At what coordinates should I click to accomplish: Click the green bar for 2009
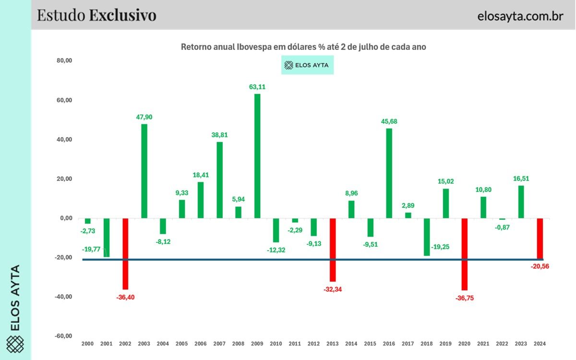click(x=257, y=156)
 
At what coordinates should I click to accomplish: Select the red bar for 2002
click(x=126, y=254)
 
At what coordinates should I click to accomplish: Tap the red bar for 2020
click(x=464, y=254)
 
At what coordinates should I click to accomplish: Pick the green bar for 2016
click(x=389, y=173)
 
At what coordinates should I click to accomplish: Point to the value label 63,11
click(x=257, y=87)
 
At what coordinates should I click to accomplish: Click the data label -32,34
click(x=333, y=289)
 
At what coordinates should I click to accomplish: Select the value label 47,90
click(x=144, y=117)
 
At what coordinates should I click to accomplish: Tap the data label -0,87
click(x=502, y=228)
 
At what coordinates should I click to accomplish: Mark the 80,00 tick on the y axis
click(x=64, y=61)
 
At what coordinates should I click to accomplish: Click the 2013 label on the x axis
click(x=332, y=344)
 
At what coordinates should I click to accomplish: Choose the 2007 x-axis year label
click(x=219, y=344)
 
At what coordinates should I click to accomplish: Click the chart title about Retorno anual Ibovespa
click(x=303, y=47)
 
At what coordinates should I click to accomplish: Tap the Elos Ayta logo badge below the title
click(x=307, y=65)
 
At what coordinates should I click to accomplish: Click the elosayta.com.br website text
click(x=520, y=16)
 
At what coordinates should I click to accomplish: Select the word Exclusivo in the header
click(x=122, y=15)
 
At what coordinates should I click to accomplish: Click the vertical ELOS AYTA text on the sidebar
click(x=15, y=298)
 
